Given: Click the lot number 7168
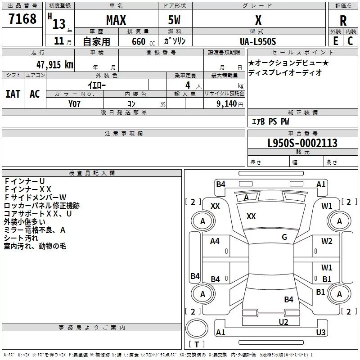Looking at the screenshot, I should coord(23,19).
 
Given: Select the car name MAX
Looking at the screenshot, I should coord(116,20).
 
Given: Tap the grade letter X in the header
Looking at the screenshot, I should coord(258,20).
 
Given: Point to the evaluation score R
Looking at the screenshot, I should coord(343,21).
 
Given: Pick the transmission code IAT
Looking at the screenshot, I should coord(13,94).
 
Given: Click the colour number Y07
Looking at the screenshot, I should coord(75,104).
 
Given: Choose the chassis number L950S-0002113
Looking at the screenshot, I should coord(302,144).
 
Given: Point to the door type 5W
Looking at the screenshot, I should coord(174,20).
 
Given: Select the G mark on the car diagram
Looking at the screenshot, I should coord(284,237).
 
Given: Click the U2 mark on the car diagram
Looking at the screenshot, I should coord(283,321).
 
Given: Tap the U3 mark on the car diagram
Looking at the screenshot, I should coord(320,333).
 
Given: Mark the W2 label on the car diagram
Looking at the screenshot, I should coord(327,241).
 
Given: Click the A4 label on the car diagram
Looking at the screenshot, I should coord(215,241).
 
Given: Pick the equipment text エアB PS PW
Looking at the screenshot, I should coord(270,121).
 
